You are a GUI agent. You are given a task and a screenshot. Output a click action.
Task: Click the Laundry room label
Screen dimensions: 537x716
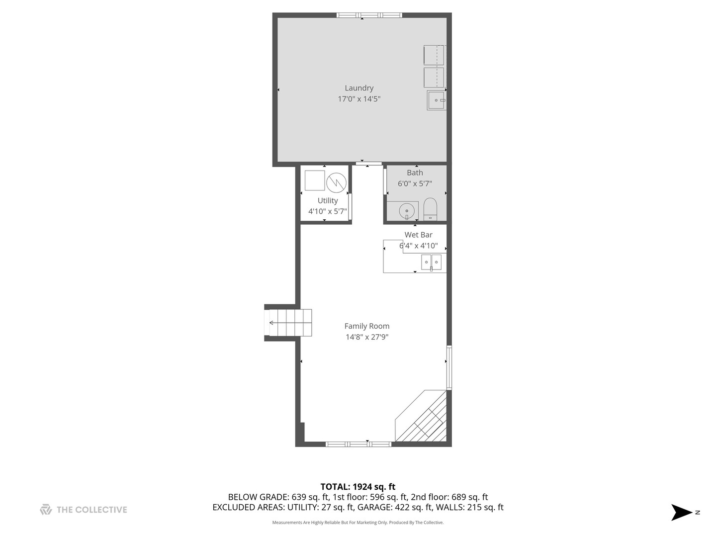coord(359,88)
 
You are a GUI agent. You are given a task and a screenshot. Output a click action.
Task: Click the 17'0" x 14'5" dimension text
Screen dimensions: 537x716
coord(359,99)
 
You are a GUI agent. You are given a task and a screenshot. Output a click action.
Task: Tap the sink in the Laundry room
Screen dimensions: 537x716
coord(436,100)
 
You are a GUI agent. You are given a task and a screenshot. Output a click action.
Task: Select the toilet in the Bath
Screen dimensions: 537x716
coord(430,209)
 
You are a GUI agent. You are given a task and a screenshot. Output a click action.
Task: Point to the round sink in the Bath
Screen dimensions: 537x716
coord(407,211)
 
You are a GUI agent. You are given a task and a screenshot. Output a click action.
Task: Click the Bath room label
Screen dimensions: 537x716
coord(415,173)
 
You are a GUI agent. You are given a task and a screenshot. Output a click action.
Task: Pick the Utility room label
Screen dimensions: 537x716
coord(328,200)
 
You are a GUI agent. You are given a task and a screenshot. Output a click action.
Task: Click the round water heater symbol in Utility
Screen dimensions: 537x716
coord(336,182)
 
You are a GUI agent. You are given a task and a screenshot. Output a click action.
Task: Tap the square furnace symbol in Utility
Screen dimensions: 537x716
coord(314,180)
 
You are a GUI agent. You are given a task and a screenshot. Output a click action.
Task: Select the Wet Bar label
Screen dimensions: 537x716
coord(418,235)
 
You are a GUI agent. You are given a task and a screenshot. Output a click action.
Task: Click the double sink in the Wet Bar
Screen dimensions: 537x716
coord(431,262)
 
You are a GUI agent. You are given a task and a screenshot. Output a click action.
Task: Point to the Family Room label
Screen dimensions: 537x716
coord(367,326)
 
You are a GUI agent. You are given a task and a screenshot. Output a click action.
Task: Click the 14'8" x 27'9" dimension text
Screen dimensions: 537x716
coord(367,337)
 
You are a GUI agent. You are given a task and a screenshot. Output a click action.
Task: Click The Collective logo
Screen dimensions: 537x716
coord(84,510)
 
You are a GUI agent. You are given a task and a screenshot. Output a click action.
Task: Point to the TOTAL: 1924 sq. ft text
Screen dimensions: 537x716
coord(358,487)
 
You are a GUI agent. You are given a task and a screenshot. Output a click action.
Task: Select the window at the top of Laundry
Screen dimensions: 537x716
coord(369,15)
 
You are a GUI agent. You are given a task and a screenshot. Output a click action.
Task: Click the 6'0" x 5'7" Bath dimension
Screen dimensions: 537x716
coord(415,183)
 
